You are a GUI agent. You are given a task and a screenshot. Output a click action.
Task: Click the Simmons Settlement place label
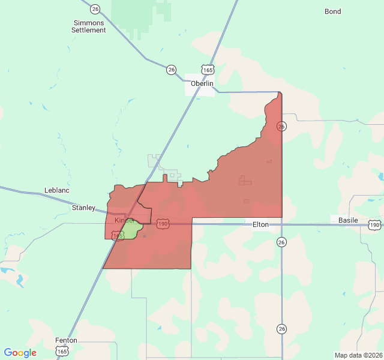pyautogui.click(x=88, y=26)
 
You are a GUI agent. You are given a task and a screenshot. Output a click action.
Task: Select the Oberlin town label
pyautogui.click(x=202, y=83)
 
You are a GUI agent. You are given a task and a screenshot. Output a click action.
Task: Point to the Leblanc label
pyautogui.click(x=57, y=190)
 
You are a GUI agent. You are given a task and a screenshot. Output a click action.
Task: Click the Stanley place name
pyautogui.click(x=83, y=208)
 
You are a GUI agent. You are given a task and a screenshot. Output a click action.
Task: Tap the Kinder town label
pyautogui.click(x=124, y=221)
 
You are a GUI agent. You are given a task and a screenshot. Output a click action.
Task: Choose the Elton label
pyautogui.click(x=260, y=224)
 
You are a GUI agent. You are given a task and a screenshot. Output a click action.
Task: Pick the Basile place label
pyautogui.click(x=348, y=220)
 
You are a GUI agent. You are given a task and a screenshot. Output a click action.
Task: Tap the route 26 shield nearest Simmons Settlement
pyautogui.click(x=95, y=9)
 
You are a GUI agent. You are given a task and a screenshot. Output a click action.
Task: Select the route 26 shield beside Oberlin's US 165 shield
pyautogui.click(x=172, y=70)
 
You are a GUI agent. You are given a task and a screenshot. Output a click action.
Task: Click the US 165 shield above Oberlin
pyautogui.click(x=208, y=70)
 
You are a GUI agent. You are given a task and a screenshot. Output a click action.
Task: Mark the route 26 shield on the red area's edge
pyautogui.click(x=281, y=126)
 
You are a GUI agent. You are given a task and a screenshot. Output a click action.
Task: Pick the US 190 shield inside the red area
pyautogui.click(x=163, y=224)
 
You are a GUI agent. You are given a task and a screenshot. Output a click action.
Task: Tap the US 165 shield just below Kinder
pyautogui.click(x=118, y=236)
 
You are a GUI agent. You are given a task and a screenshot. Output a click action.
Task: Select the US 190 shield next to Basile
pyautogui.click(x=374, y=225)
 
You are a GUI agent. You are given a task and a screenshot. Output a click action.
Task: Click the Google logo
pyautogui.click(x=20, y=353)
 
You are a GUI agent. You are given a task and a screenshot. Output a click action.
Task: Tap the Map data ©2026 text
pyautogui.click(x=358, y=355)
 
